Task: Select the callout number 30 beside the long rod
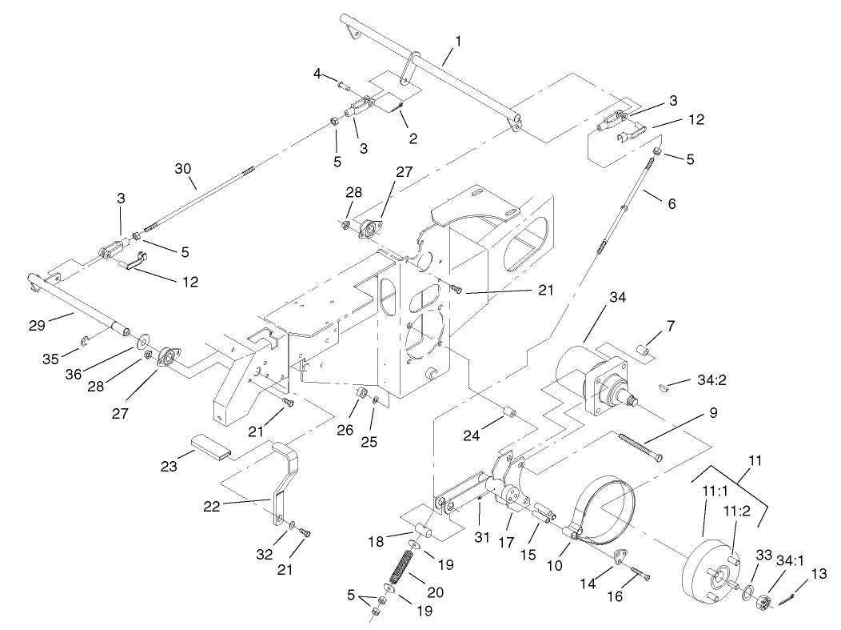tap(184, 169)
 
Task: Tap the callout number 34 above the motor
tap(594, 297)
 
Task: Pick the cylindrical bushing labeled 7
tap(644, 350)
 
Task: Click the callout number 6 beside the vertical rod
tap(671, 204)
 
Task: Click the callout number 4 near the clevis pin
tap(317, 74)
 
